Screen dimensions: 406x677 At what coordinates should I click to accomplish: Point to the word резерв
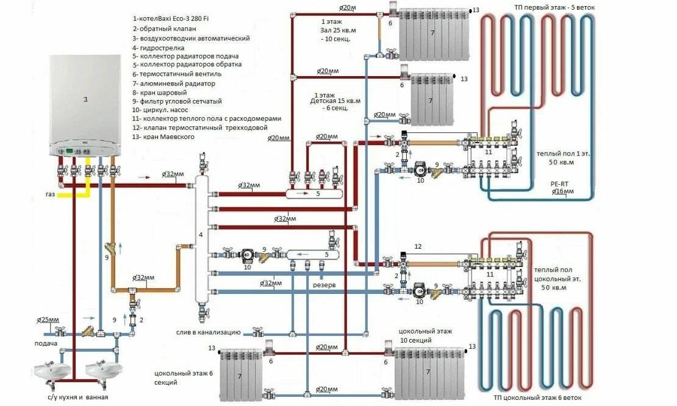point(324,284)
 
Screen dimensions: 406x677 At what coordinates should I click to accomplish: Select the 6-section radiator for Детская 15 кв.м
point(431,98)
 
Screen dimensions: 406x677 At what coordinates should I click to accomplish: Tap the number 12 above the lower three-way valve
point(417,246)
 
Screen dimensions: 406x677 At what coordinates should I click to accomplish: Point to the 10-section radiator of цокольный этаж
point(430,369)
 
